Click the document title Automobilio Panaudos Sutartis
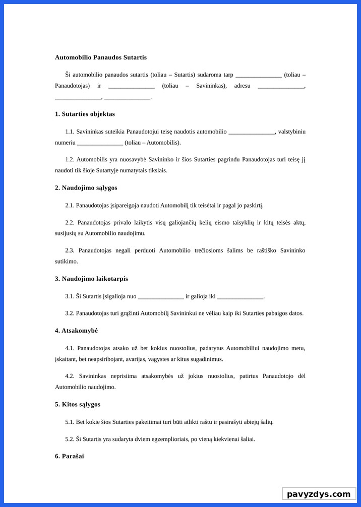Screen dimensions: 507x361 coord(101,57)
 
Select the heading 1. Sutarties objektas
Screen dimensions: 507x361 coord(85,114)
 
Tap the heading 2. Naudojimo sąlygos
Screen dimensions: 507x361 coord(86,187)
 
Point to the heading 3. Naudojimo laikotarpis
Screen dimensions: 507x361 coord(91,278)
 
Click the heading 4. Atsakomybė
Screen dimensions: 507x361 coord(76,331)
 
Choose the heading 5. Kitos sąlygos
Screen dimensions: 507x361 coord(78,404)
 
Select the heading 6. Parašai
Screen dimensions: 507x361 coord(70,456)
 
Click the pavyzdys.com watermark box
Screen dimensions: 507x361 coord(319,494)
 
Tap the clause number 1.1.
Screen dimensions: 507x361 coord(70,132)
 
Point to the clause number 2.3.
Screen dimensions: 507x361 coord(70,250)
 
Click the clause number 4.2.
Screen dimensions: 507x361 coord(70,376)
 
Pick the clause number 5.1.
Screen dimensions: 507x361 coord(70,422)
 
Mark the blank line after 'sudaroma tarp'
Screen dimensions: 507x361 coord(259,75)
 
